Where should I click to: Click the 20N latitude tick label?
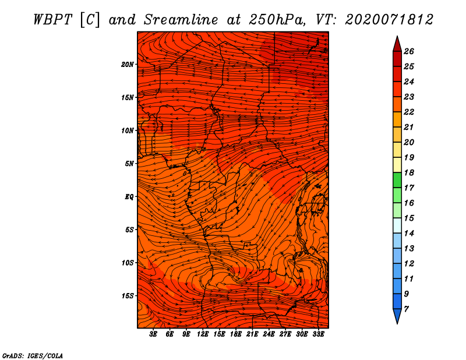pos(128,65)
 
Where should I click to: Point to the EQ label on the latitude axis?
pos(129,197)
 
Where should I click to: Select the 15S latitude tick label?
pos(128,296)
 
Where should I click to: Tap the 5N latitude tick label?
pos(129,164)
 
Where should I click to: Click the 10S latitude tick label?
pos(128,263)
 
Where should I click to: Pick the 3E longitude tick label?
pos(153,334)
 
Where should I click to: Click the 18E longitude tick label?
pos(236,334)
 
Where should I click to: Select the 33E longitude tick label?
pos(318,334)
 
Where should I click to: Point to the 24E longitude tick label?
pos(269,334)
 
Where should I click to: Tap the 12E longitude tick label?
pos(203,334)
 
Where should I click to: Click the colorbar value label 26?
pos(409,51)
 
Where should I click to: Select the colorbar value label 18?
pos(409,172)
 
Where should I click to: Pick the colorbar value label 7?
pos(406,309)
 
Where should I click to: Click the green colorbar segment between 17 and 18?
pos(397,180)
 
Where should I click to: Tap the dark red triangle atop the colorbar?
pos(397,44)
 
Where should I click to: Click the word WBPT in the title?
pos(52,20)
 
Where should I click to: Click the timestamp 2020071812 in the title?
pos(389,20)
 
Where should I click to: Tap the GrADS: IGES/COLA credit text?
pos(33,355)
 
